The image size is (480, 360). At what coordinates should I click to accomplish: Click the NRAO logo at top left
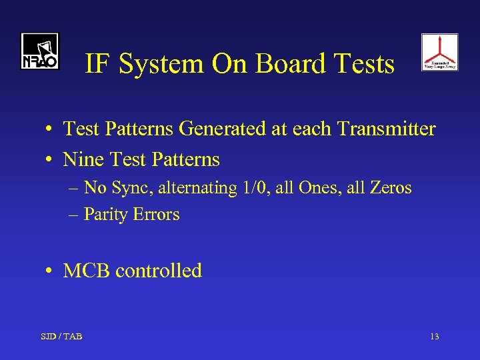tap(39, 51)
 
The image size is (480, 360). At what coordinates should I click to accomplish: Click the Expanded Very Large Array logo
tap(439, 52)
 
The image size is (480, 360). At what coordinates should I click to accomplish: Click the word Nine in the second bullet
tap(81, 160)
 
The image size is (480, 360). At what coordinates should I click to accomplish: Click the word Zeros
tap(390, 188)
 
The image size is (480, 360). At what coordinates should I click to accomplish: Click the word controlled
tap(159, 271)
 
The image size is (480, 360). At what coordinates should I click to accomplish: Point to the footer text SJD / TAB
tap(61, 337)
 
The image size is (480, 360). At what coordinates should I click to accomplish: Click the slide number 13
tap(434, 337)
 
